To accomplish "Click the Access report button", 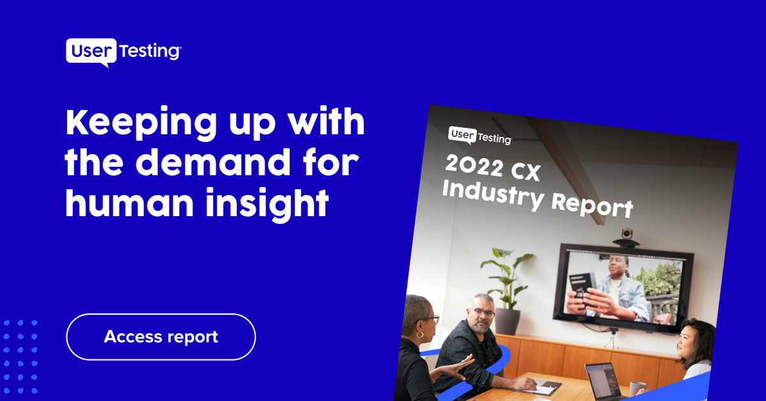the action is coord(160,337).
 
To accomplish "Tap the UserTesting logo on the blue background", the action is coord(123,52).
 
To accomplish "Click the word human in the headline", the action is coord(129,203).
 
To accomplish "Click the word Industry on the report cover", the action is coord(493,193).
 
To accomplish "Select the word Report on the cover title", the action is coord(592,205).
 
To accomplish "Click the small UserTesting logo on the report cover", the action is coord(480,136).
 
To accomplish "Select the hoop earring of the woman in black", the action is coord(419,334).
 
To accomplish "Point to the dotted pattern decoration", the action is coord(20,357).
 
